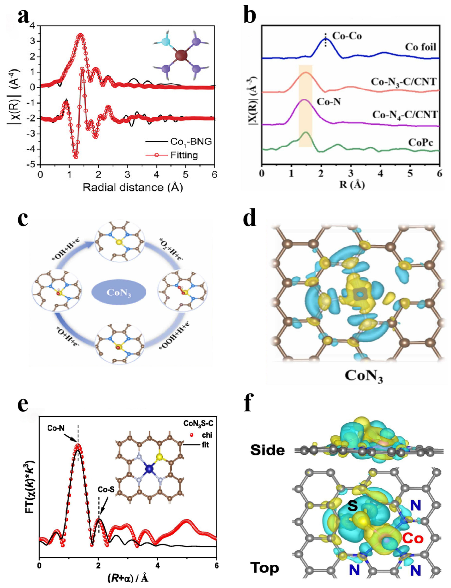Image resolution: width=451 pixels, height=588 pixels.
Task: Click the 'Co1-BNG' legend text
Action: click(191, 142)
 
